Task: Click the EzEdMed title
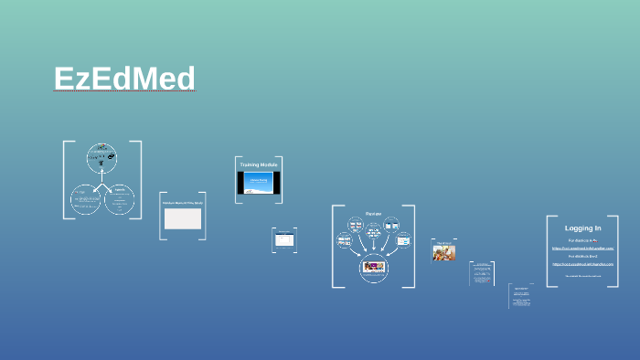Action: pyautogui.click(x=124, y=79)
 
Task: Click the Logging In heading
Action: pyautogui.click(x=582, y=228)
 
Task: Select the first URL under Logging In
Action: pyautogui.click(x=582, y=248)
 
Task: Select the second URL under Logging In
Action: pyautogui.click(x=582, y=264)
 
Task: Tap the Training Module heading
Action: pyautogui.click(x=258, y=164)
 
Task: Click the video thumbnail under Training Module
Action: pyautogui.click(x=258, y=182)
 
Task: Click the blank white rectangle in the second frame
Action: pyautogui.click(x=182, y=218)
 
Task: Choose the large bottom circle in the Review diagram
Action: pyautogui.click(x=373, y=267)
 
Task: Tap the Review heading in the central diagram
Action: pyautogui.click(x=373, y=214)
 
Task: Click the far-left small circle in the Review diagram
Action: pyautogui.click(x=345, y=242)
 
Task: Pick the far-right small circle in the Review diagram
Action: pyautogui.click(x=402, y=241)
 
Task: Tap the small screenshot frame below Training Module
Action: pyautogui.click(x=284, y=240)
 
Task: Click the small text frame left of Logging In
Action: pyautogui.click(x=521, y=296)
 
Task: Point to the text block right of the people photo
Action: pyautogui.click(x=482, y=273)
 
